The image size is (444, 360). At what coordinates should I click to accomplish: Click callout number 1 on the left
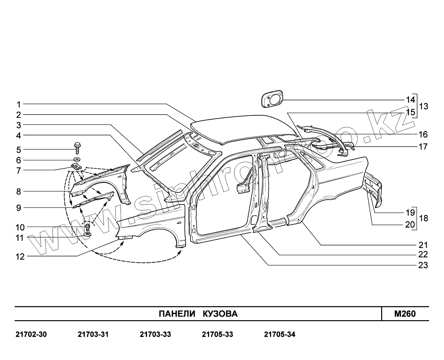[x=19, y=105]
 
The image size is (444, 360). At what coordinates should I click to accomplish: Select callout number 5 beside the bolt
[x=19, y=150]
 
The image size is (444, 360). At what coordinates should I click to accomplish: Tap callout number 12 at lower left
[x=20, y=257]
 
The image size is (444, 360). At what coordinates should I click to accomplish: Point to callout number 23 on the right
[x=423, y=265]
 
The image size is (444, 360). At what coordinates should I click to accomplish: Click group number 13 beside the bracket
[x=424, y=106]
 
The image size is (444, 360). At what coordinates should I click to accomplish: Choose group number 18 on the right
[x=424, y=218]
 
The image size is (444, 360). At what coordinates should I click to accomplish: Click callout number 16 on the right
[x=423, y=134]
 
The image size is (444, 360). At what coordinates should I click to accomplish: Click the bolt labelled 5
[x=77, y=148]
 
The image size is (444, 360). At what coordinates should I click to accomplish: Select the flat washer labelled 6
[x=77, y=159]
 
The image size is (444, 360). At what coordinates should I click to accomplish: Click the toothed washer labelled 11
[x=87, y=234]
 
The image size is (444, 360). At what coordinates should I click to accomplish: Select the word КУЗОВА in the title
[x=220, y=314]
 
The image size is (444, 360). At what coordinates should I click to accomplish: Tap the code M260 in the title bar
[x=405, y=314]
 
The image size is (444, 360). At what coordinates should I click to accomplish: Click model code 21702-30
[x=31, y=334]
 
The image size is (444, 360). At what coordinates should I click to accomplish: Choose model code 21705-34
[x=280, y=334]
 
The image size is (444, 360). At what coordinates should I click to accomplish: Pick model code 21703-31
[x=93, y=334]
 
